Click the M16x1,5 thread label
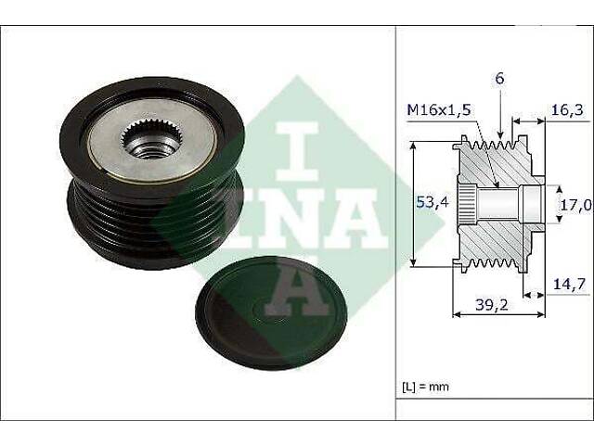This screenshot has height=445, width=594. (439, 110)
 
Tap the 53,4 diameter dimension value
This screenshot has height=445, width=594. (433, 203)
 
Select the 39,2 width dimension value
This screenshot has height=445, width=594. (492, 305)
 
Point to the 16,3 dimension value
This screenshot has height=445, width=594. (566, 110)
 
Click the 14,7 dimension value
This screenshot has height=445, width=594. (569, 284)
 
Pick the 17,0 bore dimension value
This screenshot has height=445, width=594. (575, 205)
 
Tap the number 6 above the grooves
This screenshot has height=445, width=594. (500, 79)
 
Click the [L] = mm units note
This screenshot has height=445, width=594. (425, 387)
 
